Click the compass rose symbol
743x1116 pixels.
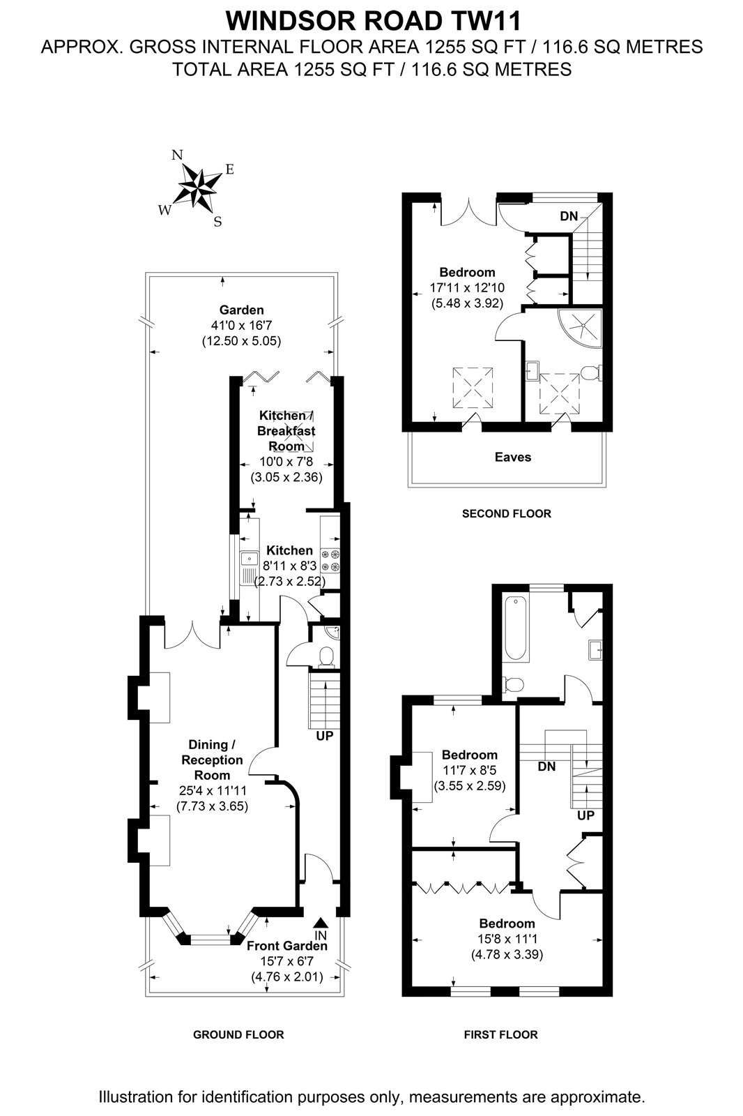tap(198, 188)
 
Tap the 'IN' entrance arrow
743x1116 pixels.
tap(321, 921)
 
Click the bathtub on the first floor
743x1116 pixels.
tap(516, 629)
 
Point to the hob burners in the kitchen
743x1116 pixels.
tap(330, 559)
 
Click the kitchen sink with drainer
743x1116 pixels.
tap(249, 568)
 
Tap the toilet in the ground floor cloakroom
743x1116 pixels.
tap(327, 656)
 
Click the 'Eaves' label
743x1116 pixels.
tap(513, 457)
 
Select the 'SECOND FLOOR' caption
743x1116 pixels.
tap(507, 513)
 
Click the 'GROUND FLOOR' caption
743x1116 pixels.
tap(238, 1035)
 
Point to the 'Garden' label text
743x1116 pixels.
tap(242, 310)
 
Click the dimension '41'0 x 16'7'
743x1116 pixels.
tap(242, 326)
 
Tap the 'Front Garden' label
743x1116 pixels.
tap(287, 946)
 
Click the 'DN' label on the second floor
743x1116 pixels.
tap(569, 216)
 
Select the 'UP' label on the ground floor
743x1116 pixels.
tap(325, 735)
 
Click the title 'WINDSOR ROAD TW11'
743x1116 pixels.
tap(374, 22)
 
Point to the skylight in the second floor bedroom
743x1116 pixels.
tap(473, 388)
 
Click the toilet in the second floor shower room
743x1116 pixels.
tap(592, 372)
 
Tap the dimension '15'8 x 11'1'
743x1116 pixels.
tap(507, 939)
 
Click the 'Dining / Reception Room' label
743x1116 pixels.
tap(212, 760)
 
